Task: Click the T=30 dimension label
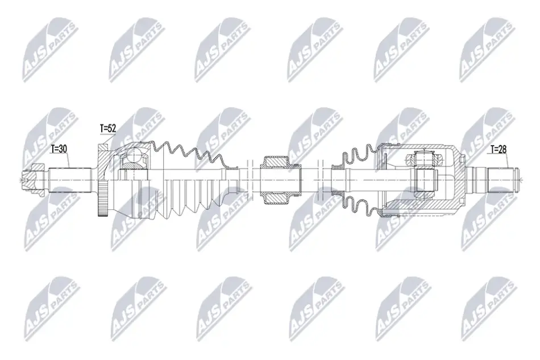click(x=59, y=149)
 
